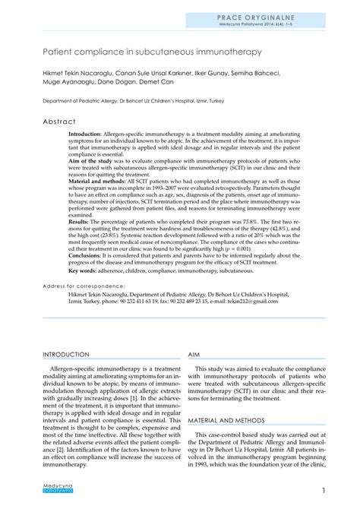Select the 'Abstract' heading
click(x=59, y=122)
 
